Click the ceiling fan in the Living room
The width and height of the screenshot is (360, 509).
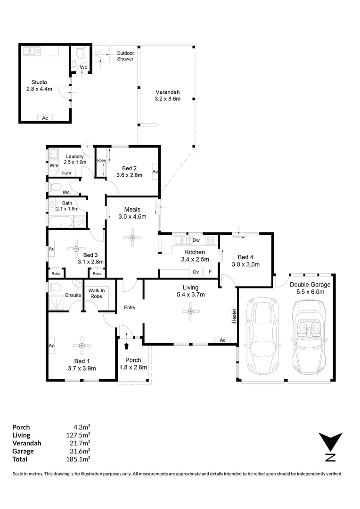point(190,312)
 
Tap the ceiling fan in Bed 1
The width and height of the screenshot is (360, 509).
point(82,345)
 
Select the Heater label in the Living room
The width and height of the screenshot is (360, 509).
point(234,315)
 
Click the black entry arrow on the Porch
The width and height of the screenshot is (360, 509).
point(126,346)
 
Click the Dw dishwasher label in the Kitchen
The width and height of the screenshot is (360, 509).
point(196,240)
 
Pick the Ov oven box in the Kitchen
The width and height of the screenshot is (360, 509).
point(196,272)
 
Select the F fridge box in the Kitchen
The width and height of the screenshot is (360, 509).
point(210,271)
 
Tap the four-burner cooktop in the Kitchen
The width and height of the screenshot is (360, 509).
point(210,240)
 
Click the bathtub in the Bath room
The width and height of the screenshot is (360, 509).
point(61,222)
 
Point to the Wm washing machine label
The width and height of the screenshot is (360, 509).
point(54,165)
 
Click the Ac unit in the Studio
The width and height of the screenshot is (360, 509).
point(45,118)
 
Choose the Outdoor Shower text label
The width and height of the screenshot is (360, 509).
point(125,56)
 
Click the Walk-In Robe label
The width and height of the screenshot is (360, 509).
point(97,294)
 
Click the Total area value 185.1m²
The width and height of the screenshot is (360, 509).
point(78,459)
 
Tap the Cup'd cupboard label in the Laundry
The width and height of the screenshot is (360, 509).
point(66,173)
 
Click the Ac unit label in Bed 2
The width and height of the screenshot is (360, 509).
point(155,172)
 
